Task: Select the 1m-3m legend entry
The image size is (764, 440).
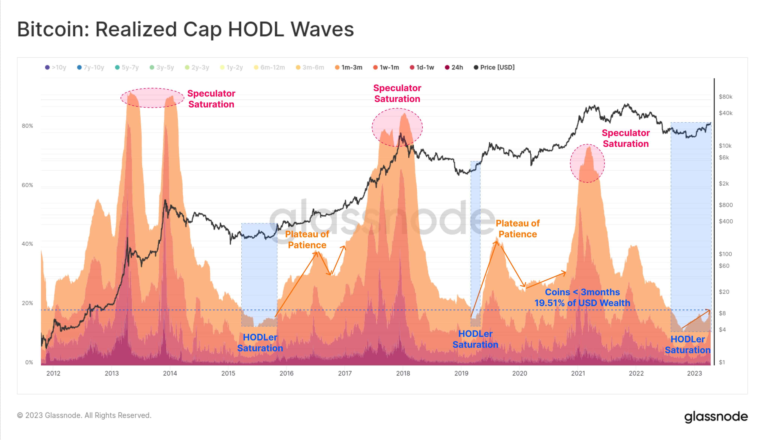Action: (349, 67)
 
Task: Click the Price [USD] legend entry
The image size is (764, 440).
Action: (494, 67)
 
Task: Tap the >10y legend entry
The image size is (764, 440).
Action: (56, 67)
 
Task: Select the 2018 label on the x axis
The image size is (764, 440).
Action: (403, 373)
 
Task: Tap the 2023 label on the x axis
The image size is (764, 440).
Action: (694, 373)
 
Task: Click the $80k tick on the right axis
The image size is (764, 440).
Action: (725, 97)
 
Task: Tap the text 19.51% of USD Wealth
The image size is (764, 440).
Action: (582, 303)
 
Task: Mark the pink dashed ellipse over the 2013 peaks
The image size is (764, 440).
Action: (152, 98)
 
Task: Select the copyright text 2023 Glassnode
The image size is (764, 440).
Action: (84, 415)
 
